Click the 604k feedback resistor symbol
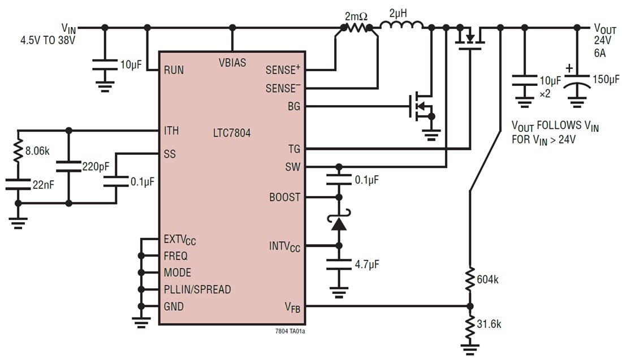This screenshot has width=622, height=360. click(x=469, y=279)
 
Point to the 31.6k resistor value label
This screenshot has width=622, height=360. click(x=489, y=324)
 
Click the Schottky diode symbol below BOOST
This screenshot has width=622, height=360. click(x=339, y=223)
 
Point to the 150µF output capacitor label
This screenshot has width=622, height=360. click(x=606, y=79)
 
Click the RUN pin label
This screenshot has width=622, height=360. click(x=174, y=70)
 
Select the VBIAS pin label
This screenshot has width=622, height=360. click(x=232, y=63)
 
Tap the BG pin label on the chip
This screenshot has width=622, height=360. click(x=294, y=106)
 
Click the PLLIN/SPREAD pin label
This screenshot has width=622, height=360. click(x=197, y=289)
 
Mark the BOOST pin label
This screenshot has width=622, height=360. click(x=284, y=198)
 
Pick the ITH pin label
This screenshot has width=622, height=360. click(x=171, y=131)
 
